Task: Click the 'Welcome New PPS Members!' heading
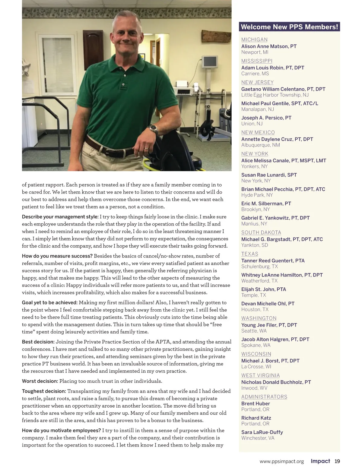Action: (289, 27)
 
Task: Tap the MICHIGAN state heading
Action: (254, 39)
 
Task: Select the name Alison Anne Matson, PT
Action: (269, 46)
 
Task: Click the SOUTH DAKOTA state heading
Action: (261, 232)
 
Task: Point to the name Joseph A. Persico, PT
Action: (266, 118)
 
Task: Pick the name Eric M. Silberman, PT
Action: (266, 204)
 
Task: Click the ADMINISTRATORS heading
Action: (264, 397)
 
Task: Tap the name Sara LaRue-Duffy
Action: (262, 432)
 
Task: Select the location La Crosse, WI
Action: (256, 367)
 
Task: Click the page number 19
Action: (337, 461)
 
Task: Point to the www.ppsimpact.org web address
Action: (281, 461)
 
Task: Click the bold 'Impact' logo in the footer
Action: (320, 461)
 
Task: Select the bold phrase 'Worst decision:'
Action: (40, 381)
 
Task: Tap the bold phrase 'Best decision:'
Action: (38, 342)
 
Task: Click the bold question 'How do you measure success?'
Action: (57, 256)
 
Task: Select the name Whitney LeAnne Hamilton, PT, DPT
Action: (282, 275)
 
